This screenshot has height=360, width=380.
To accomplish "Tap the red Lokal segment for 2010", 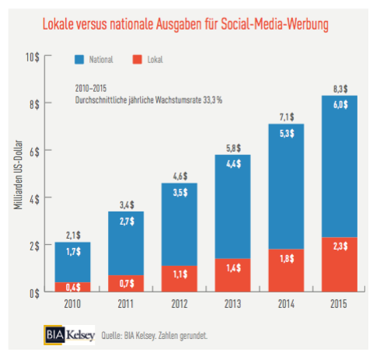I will pyautogui.click(x=72, y=287).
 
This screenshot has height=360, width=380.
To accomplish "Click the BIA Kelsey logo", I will pyautogui.click(x=68, y=335).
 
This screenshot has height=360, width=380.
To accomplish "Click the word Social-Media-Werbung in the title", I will pyautogui.click(x=274, y=25).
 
